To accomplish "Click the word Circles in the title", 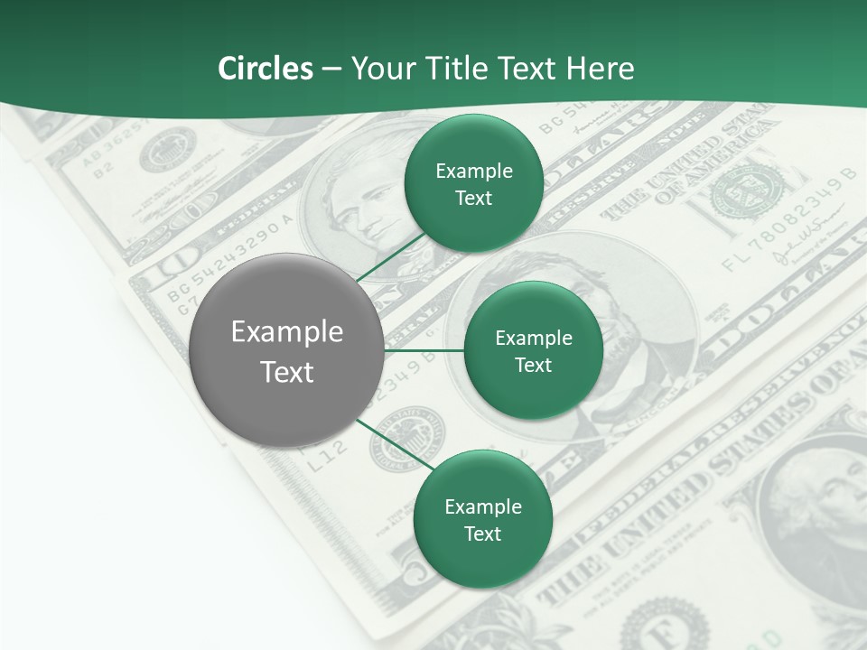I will pyautogui.click(x=265, y=69).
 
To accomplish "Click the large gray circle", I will pyautogui.click(x=287, y=351).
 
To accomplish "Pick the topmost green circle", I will pyautogui.click(x=473, y=184).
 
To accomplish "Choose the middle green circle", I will pyautogui.click(x=533, y=351).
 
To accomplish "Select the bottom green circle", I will pyautogui.click(x=482, y=519).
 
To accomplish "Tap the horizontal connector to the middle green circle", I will pyautogui.click(x=424, y=350).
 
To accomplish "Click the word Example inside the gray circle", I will pyautogui.click(x=287, y=332).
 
